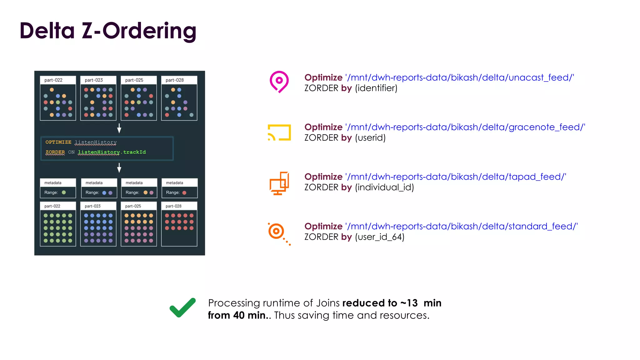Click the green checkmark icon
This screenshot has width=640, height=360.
(182, 308)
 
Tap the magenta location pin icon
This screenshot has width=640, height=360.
(279, 81)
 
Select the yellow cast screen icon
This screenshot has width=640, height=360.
(279, 132)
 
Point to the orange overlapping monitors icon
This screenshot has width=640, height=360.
(279, 183)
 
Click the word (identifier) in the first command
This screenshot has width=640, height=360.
(376, 88)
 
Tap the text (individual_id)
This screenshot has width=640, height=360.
(384, 187)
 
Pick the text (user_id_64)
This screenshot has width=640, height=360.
(380, 237)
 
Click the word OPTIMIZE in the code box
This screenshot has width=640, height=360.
(58, 142)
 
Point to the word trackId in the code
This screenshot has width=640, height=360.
(134, 152)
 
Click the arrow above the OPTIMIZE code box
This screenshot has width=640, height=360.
(119, 128)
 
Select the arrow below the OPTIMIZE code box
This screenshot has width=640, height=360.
(119, 168)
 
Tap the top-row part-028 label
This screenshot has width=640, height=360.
(175, 80)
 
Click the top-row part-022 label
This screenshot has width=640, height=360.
(53, 80)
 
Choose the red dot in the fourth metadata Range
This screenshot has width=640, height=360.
(184, 193)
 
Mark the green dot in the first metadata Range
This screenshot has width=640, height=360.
(64, 192)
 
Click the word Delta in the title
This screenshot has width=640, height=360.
(47, 31)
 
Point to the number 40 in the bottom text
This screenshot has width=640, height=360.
(239, 315)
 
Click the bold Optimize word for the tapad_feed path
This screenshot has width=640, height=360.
(323, 177)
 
